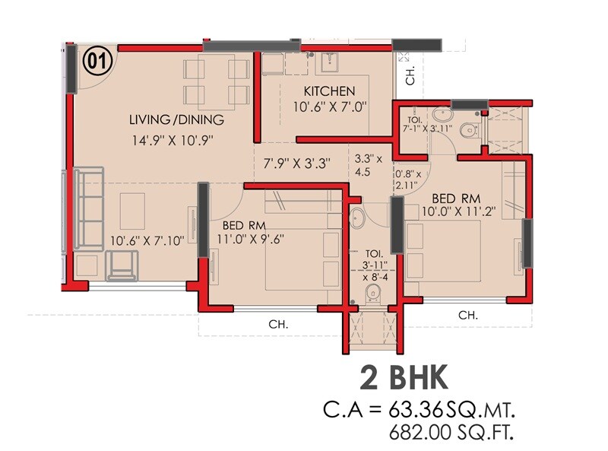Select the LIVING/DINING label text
click(x=176, y=119)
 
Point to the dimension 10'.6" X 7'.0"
click(x=330, y=107)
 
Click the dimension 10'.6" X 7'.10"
click(x=153, y=241)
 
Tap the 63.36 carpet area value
click(x=420, y=411)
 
